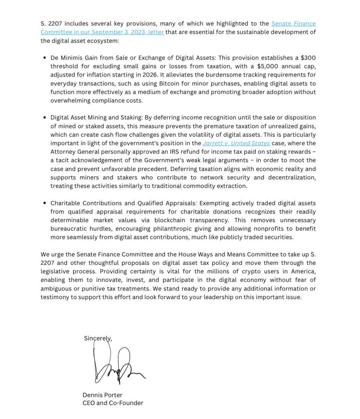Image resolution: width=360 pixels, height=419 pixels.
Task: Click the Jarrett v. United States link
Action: point(236,143)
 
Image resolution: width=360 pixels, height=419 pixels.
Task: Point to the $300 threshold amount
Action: point(308,58)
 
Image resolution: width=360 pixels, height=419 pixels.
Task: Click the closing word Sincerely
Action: point(98,338)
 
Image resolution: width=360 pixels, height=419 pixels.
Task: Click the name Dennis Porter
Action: point(102,395)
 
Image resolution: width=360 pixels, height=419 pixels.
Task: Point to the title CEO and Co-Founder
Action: point(113,403)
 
